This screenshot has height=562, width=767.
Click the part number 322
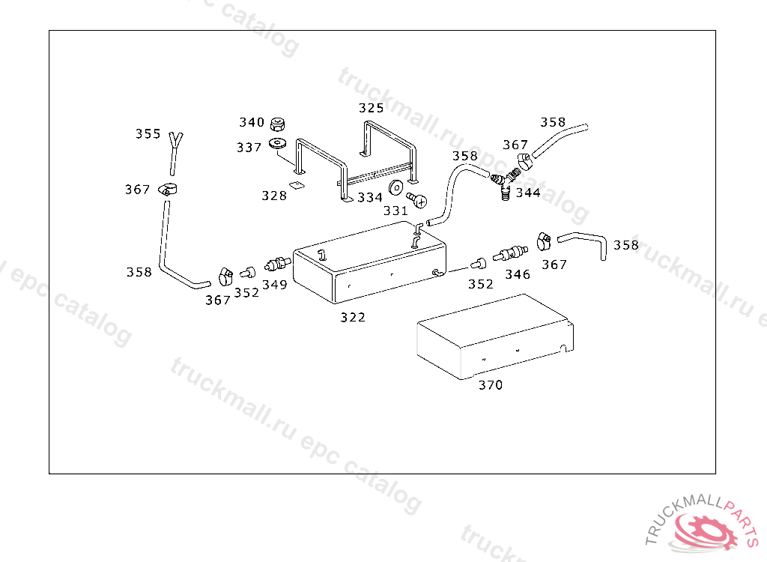click(353, 317)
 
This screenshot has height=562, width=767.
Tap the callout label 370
click(491, 385)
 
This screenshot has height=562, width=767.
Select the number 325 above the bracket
click(372, 108)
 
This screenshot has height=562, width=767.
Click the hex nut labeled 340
click(278, 124)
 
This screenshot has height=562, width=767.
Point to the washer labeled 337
click(278, 145)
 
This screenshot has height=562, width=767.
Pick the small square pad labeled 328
click(296, 184)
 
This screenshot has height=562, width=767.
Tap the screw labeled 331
click(417, 199)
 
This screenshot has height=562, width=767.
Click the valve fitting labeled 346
click(510, 253)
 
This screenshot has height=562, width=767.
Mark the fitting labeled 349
click(277, 265)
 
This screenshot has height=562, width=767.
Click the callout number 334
click(370, 197)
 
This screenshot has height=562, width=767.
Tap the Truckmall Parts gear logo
click(704, 531)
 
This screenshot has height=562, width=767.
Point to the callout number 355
click(148, 133)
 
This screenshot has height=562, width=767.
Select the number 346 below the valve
click(518, 275)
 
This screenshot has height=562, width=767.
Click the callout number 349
click(274, 285)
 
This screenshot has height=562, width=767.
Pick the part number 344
click(528, 193)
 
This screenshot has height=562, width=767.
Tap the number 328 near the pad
click(274, 196)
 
